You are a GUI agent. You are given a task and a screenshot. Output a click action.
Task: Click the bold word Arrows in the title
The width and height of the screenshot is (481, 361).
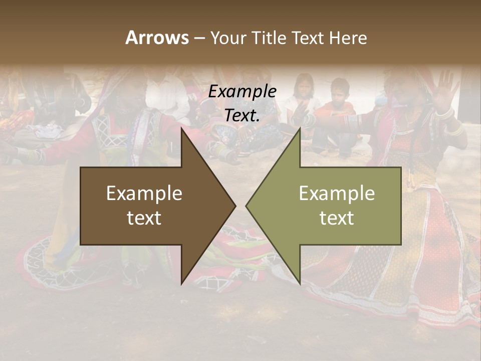click(157, 38)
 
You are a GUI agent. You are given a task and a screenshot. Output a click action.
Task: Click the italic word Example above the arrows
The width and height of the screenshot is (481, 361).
click(243, 92)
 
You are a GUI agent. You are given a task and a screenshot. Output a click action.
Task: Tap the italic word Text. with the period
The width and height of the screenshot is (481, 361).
click(243, 115)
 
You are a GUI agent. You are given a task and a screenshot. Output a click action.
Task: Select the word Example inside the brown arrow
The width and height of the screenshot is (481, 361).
click(144, 194)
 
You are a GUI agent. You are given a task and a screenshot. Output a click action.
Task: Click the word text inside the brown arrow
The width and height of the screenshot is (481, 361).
click(144, 218)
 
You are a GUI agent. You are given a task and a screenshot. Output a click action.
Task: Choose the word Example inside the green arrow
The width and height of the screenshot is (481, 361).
click(337, 194)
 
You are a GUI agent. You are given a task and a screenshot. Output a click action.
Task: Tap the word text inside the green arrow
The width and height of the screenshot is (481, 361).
click(337, 218)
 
